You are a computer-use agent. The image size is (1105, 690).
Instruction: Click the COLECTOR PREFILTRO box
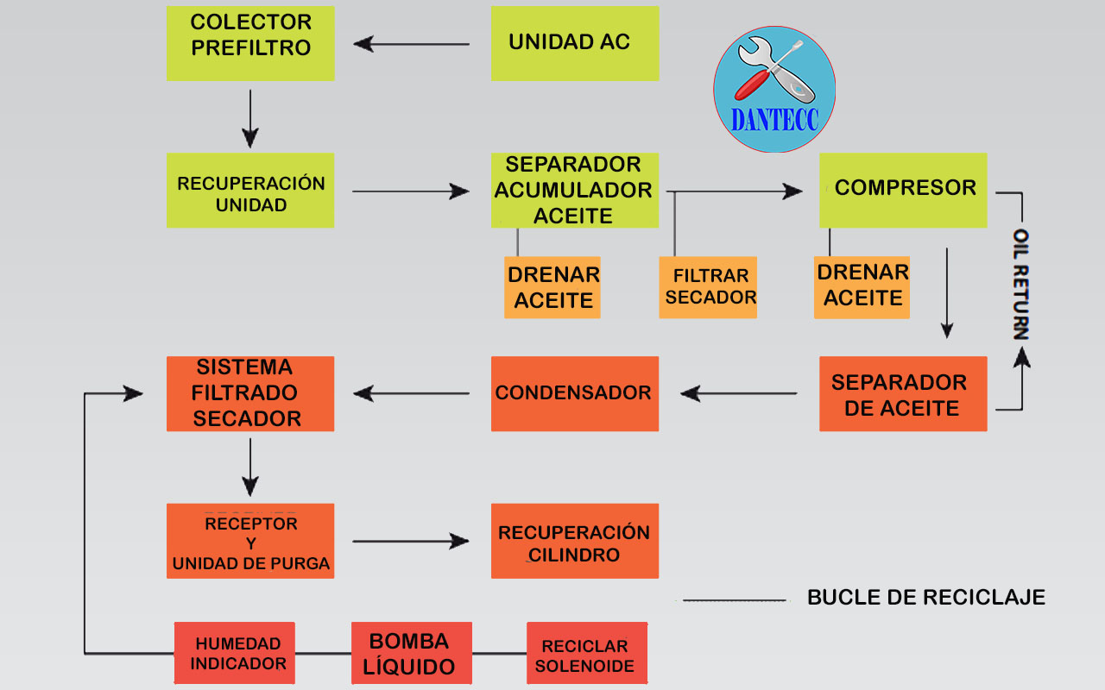coord(250,43)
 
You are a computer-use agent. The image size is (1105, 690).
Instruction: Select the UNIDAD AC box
coord(575,43)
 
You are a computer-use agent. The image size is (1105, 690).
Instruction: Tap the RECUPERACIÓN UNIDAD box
coord(250,191)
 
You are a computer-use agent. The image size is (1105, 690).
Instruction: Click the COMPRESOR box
coord(903,191)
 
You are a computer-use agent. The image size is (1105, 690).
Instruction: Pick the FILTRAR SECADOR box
coord(708,287)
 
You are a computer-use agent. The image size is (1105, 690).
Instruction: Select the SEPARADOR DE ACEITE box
coord(903,393)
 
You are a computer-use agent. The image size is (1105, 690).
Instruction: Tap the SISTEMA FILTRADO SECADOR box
coord(250,393)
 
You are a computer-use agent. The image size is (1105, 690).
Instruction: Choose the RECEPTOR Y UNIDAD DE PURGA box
coord(250,541)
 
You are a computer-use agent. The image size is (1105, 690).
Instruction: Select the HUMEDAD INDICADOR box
coord(235,653)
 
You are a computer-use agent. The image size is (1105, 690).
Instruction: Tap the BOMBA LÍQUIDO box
coord(412,653)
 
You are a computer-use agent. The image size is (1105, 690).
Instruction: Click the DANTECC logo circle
coord(774,89)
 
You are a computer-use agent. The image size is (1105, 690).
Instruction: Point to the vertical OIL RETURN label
coord(1021,285)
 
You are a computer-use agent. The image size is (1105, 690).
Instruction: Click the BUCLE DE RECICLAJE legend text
coord(925,597)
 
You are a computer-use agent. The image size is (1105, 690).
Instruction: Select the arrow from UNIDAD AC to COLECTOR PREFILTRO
coord(412,43)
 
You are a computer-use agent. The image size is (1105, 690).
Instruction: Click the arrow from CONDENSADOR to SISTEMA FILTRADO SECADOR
coord(412,394)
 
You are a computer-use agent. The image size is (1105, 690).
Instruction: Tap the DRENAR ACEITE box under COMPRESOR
coord(862,287)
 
